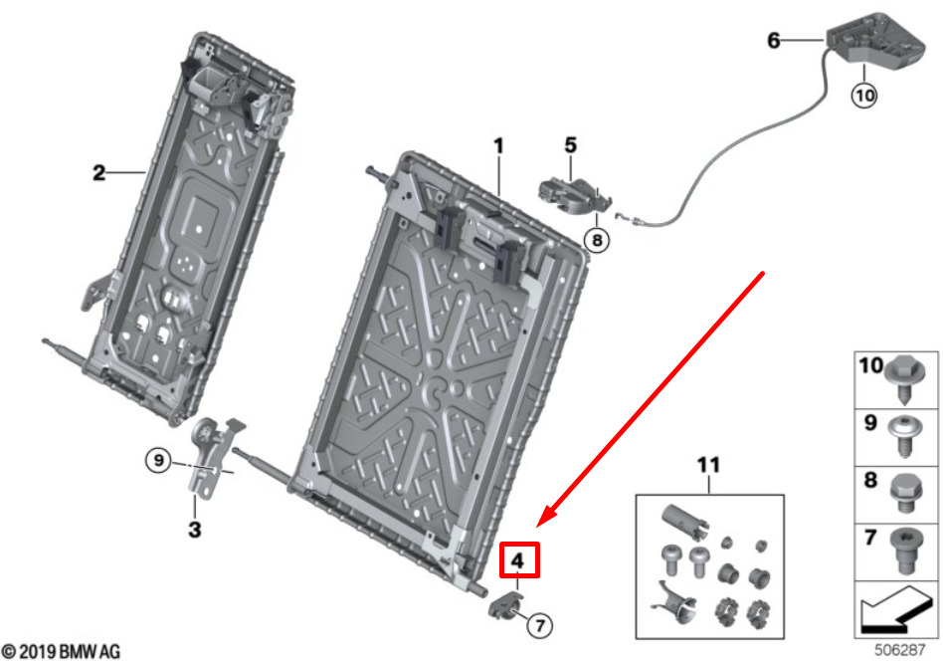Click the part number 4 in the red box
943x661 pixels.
click(x=517, y=560)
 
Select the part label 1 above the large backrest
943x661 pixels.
click(x=498, y=146)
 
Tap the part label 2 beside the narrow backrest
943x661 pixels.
click(x=98, y=173)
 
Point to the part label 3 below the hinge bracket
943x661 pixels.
click(x=194, y=530)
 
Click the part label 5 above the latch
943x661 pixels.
click(x=570, y=145)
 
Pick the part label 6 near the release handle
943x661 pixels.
click(x=774, y=41)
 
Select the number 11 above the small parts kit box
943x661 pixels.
click(x=708, y=465)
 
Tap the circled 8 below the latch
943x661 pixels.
click(x=595, y=240)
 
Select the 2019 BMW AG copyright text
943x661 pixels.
click(x=61, y=652)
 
